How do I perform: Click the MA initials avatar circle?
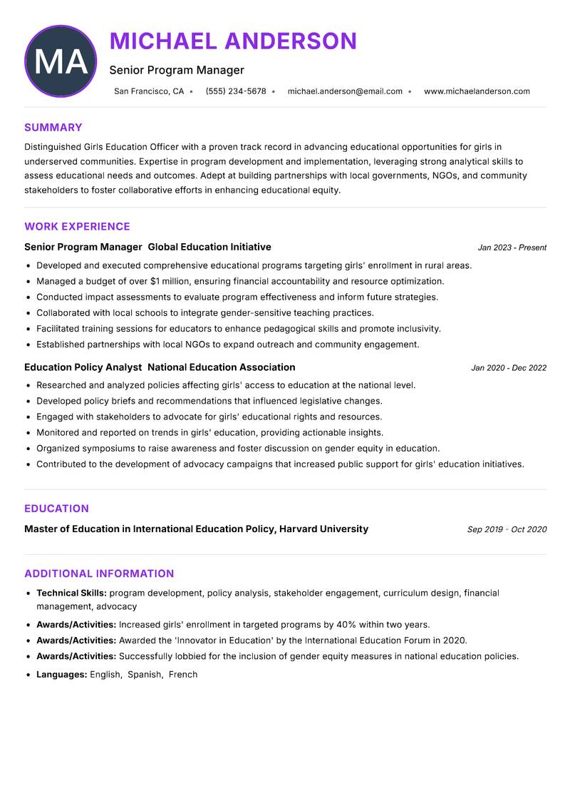(x=61, y=61)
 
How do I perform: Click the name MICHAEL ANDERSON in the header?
(x=233, y=41)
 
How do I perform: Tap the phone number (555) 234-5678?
(x=236, y=91)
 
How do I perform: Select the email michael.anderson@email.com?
(x=345, y=91)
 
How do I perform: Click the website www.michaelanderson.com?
(x=477, y=91)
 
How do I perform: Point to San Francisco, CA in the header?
(x=149, y=91)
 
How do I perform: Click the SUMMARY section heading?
(x=53, y=128)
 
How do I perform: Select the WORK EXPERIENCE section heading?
(x=77, y=227)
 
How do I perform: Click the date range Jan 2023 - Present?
(x=512, y=248)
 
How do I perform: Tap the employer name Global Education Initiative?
(x=209, y=247)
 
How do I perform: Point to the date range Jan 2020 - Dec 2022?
(x=508, y=368)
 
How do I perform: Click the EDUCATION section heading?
(x=56, y=509)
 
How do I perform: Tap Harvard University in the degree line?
(x=323, y=529)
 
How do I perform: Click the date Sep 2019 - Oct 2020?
(x=507, y=529)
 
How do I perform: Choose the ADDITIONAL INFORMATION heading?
(x=99, y=573)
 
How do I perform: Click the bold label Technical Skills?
(x=71, y=593)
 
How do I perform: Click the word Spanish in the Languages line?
(x=145, y=674)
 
